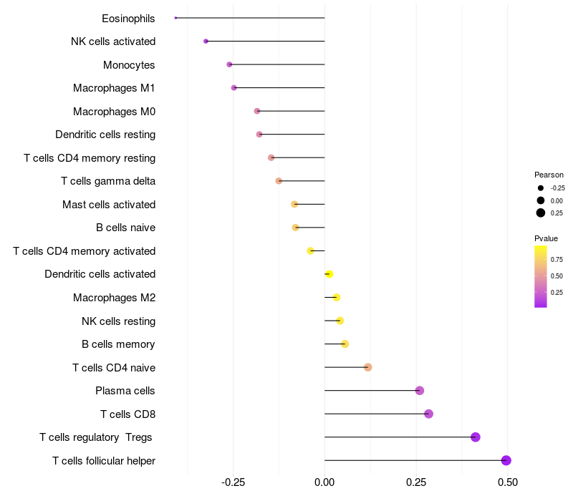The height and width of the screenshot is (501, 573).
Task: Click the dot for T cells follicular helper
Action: pyautogui.click(x=506, y=460)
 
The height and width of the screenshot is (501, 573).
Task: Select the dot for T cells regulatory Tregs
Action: pyautogui.click(x=476, y=437)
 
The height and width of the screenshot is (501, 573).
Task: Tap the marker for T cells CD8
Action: pyautogui.click(x=428, y=414)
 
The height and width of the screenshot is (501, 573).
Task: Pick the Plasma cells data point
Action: pyautogui.click(x=420, y=391)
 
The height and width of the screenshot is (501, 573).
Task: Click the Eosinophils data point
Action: pyautogui.click(x=175, y=18)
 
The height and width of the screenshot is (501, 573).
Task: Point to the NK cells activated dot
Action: pyautogui.click(x=206, y=42)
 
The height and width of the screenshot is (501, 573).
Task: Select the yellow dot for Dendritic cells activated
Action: pyautogui.click(x=329, y=274)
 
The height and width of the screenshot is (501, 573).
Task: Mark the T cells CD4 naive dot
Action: pyautogui.click(x=368, y=367)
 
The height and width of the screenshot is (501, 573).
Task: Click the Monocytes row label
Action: pyautogui.click(x=129, y=65)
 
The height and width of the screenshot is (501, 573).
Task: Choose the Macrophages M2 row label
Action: pyautogui.click(x=114, y=298)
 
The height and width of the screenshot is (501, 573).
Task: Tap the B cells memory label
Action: pyautogui.click(x=118, y=344)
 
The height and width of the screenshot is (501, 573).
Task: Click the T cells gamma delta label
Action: pyautogui.click(x=108, y=181)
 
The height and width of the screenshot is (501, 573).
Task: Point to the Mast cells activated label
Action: pyautogui.click(x=109, y=205)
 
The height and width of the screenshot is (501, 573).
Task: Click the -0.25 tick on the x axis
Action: pyautogui.click(x=233, y=482)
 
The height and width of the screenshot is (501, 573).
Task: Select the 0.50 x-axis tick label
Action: pyautogui.click(x=508, y=482)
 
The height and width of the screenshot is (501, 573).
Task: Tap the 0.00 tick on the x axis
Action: pyautogui.click(x=324, y=482)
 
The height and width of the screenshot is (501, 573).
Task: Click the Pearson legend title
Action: pyautogui.click(x=549, y=175)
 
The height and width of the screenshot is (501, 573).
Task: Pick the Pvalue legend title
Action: pyautogui.click(x=546, y=238)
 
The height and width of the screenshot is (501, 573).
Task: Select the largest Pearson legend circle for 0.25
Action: pyautogui.click(x=541, y=213)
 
